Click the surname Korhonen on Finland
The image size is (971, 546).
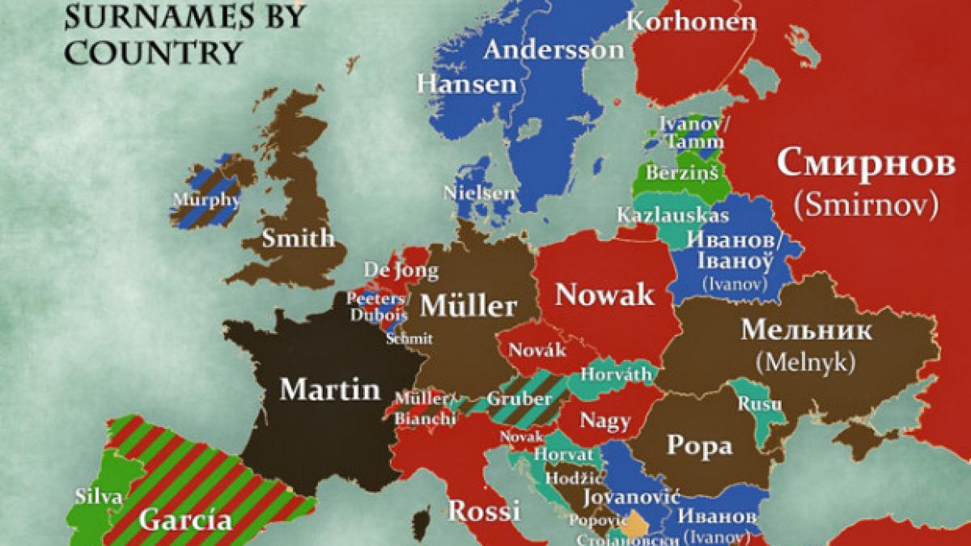691,21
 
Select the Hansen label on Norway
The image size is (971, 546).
467,83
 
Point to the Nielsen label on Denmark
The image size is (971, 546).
478,193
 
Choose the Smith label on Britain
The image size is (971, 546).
298,238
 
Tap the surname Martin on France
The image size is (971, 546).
329,390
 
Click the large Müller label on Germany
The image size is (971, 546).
469,307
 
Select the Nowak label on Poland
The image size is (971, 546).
604,294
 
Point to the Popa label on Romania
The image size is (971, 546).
699,445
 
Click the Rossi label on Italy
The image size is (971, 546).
483,511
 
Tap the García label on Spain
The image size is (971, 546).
185,519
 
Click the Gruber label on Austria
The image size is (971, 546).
519,400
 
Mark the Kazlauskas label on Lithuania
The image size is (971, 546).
672,215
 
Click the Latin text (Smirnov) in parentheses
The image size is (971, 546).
866,205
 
